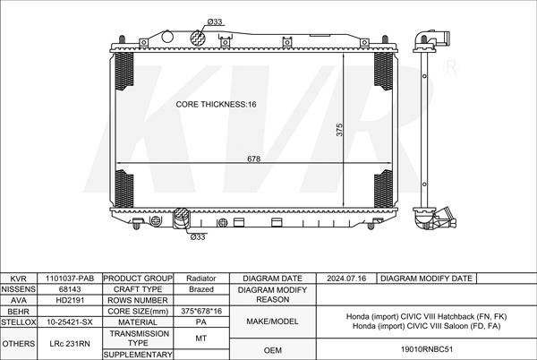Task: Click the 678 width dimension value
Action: [254, 159]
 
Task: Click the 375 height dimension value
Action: [339, 130]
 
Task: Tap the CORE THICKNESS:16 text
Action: [216, 104]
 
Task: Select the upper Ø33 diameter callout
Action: [215, 21]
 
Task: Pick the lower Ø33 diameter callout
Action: [198, 236]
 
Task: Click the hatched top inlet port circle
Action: [198, 38]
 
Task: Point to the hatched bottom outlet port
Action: [182, 218]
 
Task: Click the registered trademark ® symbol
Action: [451, 67]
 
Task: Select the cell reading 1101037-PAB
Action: [70, 279]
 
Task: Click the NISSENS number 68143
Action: [70, 289]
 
